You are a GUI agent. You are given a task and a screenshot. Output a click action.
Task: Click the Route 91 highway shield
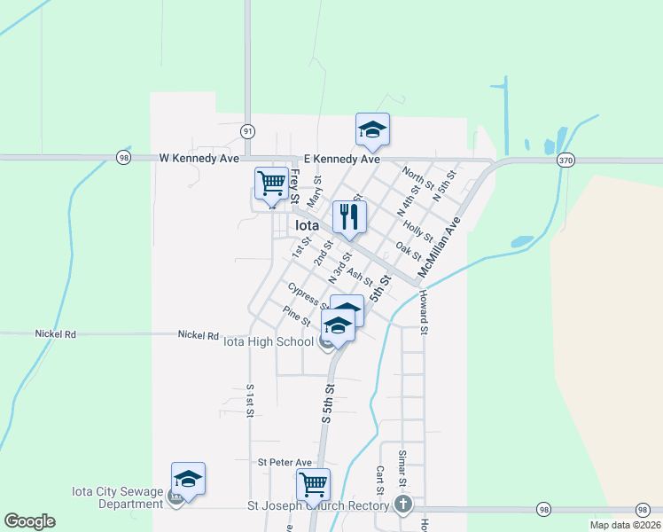247,130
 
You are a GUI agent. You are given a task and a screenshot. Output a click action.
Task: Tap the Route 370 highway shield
565,160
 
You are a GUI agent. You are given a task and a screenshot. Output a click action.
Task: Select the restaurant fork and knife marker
348,216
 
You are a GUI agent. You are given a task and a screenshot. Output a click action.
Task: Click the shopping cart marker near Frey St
272,184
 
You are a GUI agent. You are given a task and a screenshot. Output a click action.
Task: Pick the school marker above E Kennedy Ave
372,130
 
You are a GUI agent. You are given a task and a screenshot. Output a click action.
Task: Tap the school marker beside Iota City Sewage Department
188,480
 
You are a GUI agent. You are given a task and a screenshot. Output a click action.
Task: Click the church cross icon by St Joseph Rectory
403,505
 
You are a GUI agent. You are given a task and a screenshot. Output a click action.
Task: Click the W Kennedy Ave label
199,159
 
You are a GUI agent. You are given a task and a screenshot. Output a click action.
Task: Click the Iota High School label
268,341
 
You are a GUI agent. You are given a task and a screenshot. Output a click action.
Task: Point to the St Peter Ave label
285,462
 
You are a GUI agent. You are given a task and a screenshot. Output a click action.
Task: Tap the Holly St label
417,231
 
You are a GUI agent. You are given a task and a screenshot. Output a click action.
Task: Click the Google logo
29,521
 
